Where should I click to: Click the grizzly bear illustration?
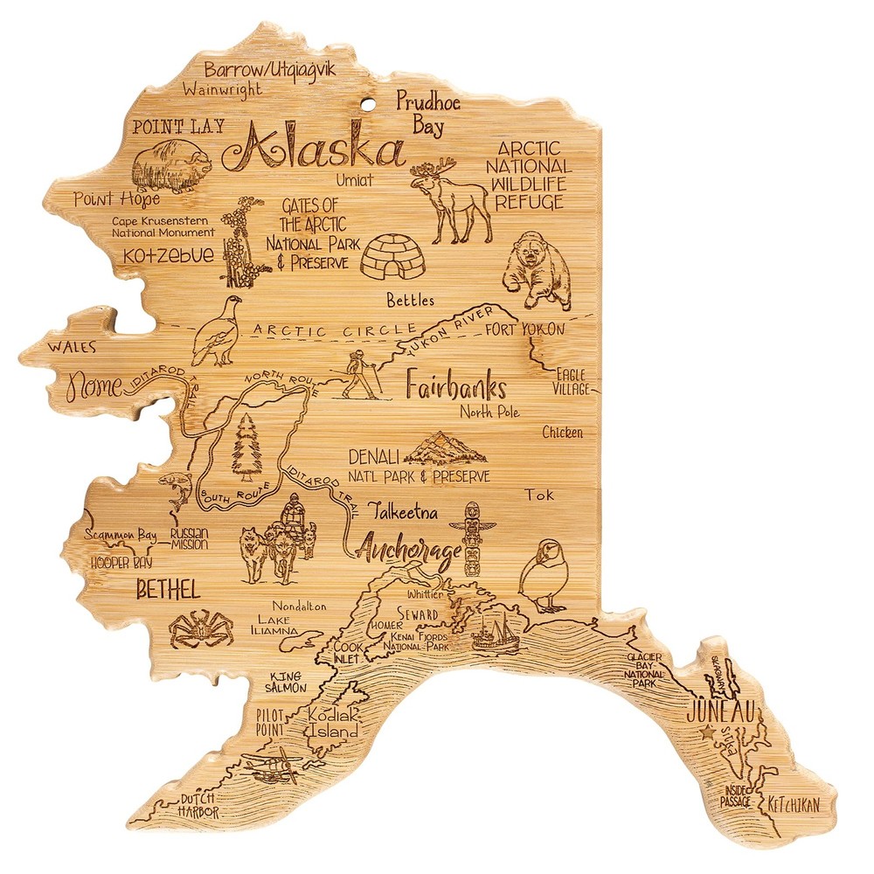click(538, 272)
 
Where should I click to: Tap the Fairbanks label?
click(456, 386)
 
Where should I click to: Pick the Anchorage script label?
click(408, 551)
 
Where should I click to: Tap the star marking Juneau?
click(706, 735)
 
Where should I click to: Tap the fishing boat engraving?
click(495, 632)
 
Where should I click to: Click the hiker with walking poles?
click(360, 376)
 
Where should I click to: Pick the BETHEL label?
click(168, 588)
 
